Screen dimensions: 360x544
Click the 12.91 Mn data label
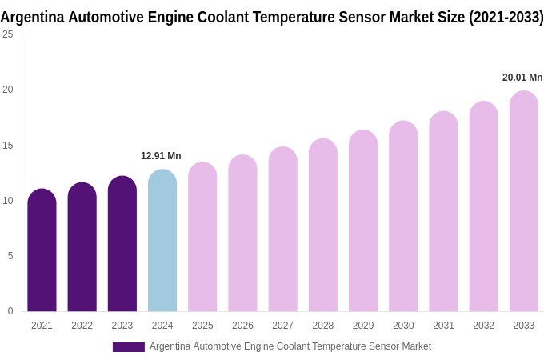coord(161,156)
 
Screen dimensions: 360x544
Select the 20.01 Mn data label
coord(522,78)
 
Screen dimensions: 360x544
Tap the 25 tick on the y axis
coord(8,34)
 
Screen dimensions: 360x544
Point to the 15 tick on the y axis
coord(8,146)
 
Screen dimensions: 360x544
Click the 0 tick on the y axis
coord(10,311)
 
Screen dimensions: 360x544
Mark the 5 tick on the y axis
coord(10,256)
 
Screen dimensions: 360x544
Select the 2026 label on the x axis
coord(242,326)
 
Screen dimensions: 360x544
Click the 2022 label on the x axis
coord(82,326)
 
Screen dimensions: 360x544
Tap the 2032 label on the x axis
coord(483,326)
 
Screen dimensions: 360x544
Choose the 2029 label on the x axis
coord(363,326)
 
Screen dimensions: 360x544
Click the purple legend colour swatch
coord(128,347)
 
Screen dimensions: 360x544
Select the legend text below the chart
coord(290,346)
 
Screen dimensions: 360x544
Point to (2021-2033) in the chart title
coord(506,17)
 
